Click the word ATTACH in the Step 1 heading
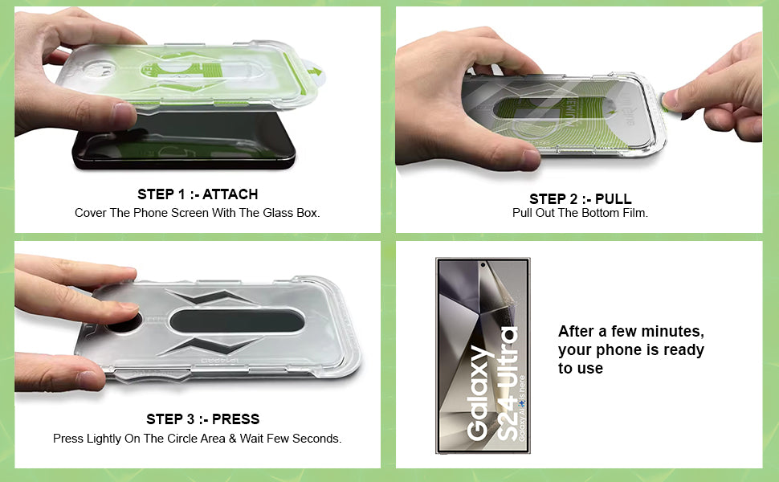230,194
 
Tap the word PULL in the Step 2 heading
613,199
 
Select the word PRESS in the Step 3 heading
235,419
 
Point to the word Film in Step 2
637,213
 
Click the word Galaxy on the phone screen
479,394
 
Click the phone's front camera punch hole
483,265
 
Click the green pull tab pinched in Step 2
665,102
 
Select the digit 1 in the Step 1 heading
181,194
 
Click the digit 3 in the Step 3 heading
190,419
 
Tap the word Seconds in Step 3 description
316,439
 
